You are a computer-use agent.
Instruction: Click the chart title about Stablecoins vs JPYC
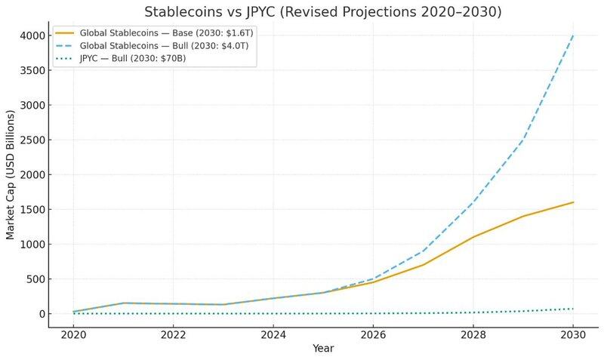tap(322, 12)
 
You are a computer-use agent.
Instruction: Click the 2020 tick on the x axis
tap(72, 334)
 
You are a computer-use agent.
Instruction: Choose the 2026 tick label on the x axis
tap(374, 334)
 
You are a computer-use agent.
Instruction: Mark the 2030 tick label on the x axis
tap(574, 334)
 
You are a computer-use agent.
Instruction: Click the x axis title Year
tap(322, 349)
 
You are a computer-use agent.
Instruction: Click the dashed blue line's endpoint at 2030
tap(574, 35)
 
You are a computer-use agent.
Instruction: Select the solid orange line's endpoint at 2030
tap(574, 202)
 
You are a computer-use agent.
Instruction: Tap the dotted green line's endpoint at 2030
tap(574, 309)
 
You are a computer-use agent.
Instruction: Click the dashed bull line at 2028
tap(473, 202)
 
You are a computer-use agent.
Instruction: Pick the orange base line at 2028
tap(473, 237)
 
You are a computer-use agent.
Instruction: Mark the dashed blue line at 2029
tap(523, 140)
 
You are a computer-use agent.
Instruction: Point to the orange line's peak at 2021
tap(123, 303)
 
